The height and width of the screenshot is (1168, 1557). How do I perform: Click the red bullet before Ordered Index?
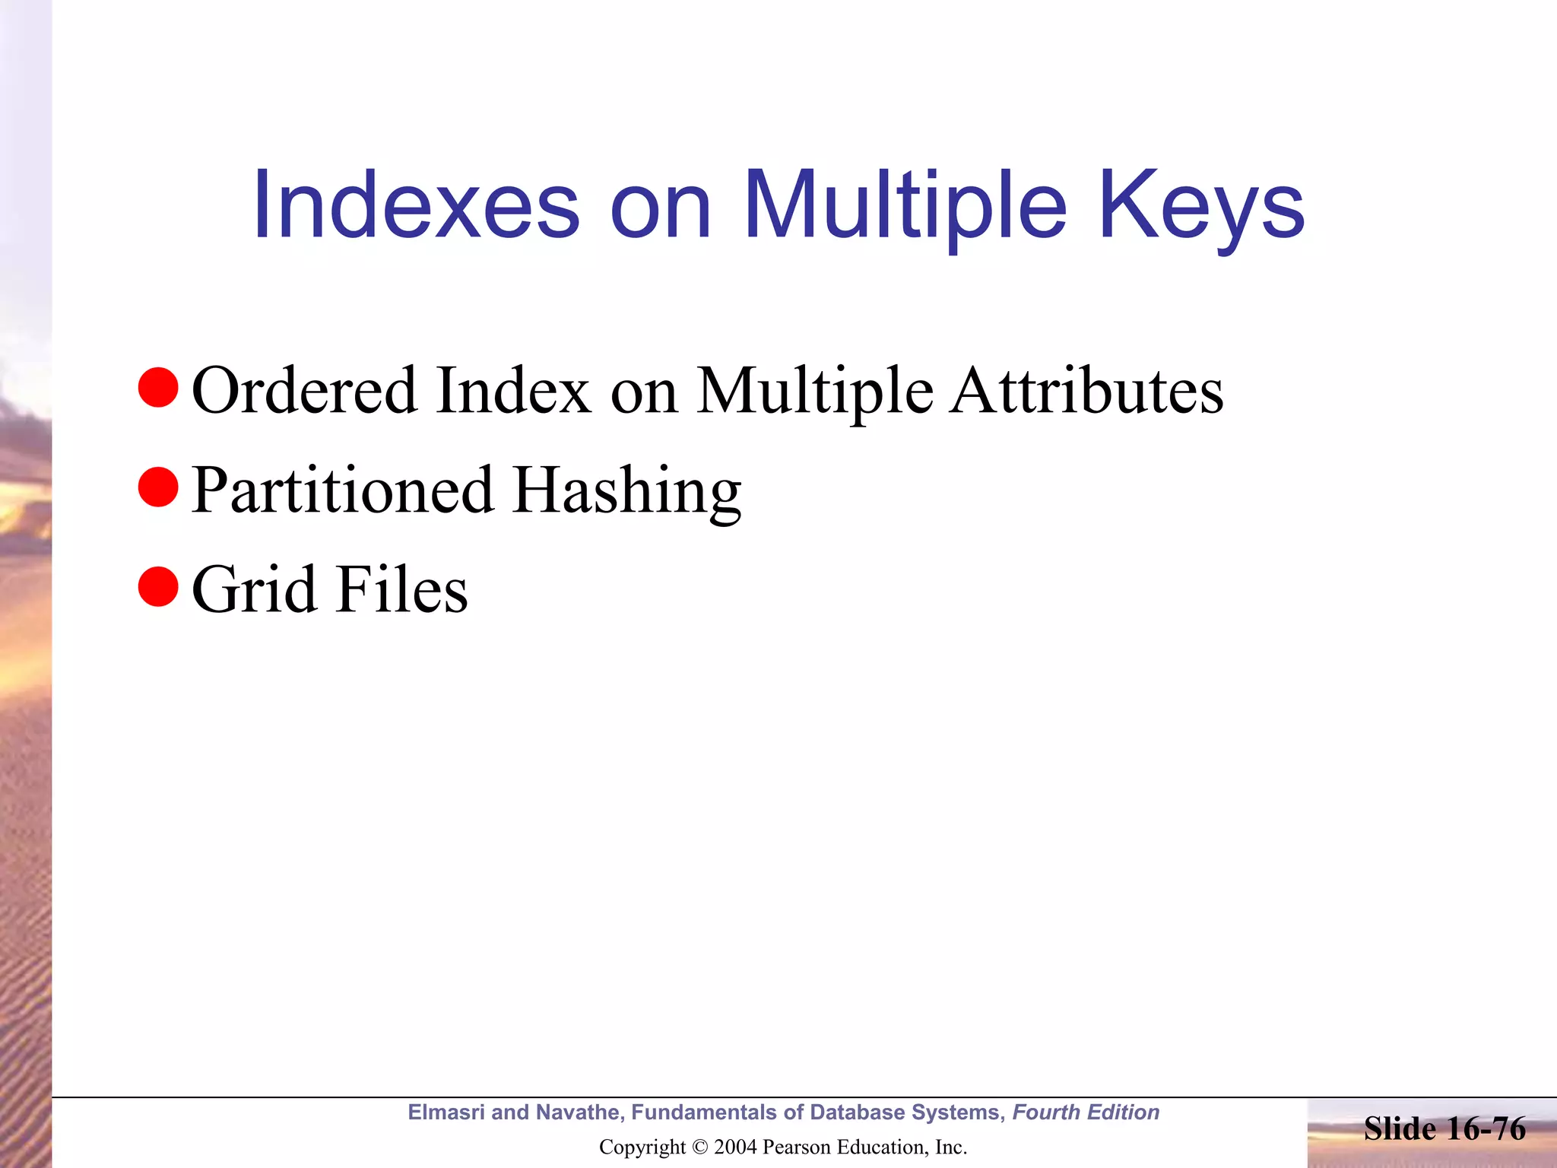pos(158,387)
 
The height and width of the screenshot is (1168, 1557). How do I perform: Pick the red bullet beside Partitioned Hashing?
pos(158,487)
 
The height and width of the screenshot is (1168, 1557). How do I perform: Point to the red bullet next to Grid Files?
pos(158,586)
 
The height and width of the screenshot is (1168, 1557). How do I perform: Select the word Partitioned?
pos(342,490)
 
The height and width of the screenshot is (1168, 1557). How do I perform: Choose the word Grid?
pos(254,589)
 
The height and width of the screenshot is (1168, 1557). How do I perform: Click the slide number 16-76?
pos(1482,1128)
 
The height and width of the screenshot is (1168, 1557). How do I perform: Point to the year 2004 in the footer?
pos(735,1147)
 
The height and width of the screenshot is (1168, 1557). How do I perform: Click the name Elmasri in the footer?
pos(446,1112)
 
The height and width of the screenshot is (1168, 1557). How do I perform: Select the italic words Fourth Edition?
pos(1086,1112)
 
